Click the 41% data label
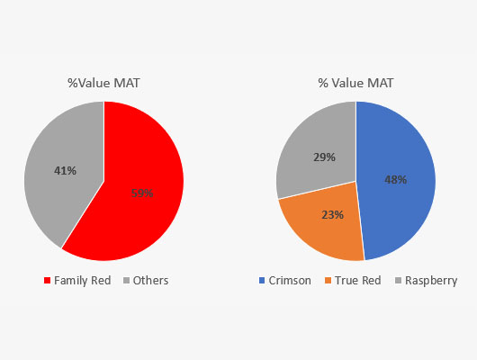[64, 169]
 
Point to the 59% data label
[142, 193]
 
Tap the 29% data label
[325, 157]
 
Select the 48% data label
[396, 179]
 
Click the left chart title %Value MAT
[103, 84]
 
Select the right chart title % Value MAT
[355, 84]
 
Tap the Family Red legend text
[82, 280]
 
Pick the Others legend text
[150, 280]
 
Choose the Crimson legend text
[290, 280]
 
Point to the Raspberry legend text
[431, 280]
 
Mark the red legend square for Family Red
[48, 281]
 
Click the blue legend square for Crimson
[262, 281]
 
